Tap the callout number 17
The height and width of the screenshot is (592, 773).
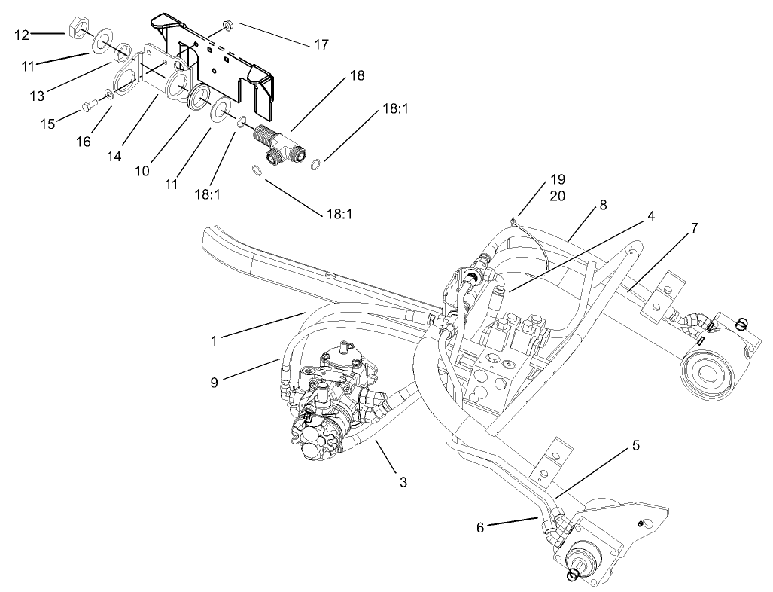pyautogui.click(x=321, y=44)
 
